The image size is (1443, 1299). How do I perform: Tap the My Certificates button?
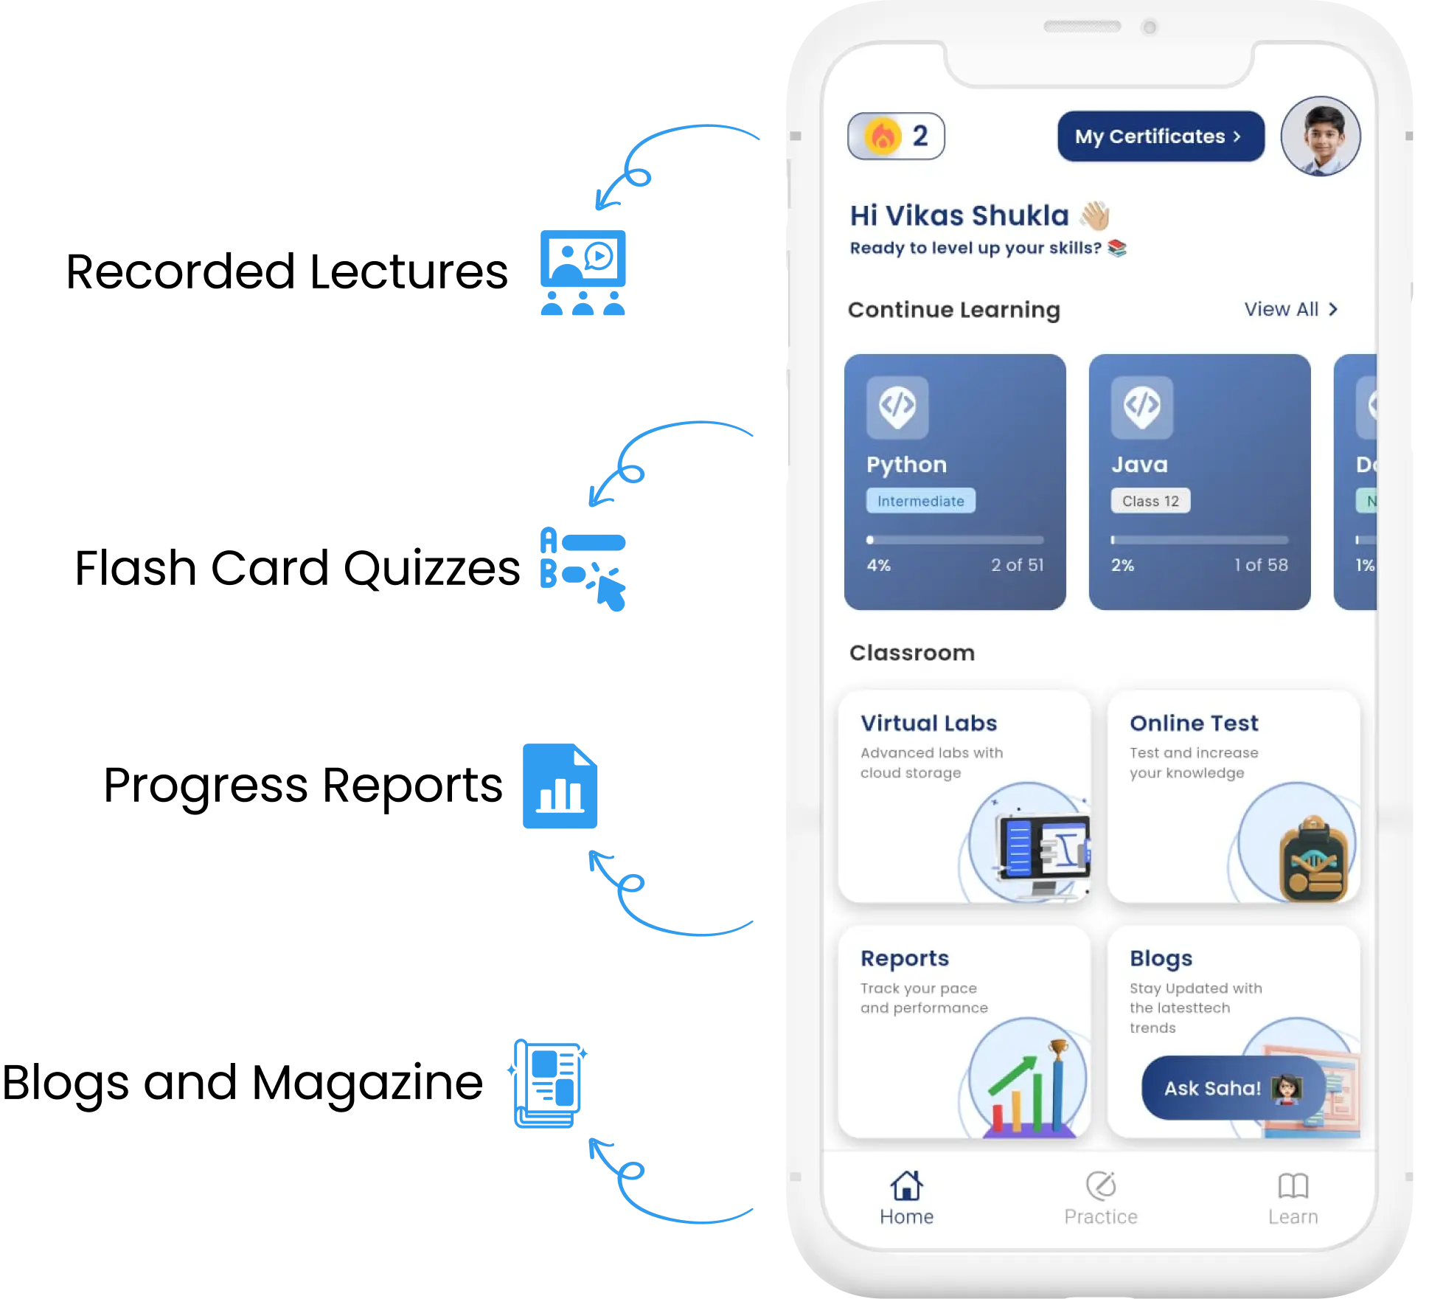click(x=1161, y=136)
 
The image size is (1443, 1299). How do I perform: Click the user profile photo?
click(x=1321, y=136)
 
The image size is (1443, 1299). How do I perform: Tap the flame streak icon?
click(x=883, y=136)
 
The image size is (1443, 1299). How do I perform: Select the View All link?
click(x=1290, y=309)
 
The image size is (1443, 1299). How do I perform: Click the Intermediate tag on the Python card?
click(x=920, y=501)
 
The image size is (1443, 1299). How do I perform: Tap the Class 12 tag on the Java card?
click(x=1150, y=501)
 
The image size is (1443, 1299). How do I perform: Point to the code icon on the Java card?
click(x=1142, y=407)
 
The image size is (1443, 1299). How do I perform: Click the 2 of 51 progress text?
click(x=1017, y=565)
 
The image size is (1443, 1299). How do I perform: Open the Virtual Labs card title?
click(x=928, y=723)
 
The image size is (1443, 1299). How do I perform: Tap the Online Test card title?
click(x=1194, y=723)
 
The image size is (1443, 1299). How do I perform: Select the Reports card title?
click(x=905, y=958)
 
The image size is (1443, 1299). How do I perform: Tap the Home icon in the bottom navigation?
click(x=906, y=1186)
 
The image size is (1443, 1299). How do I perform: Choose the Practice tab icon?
click(x=1101, y=1186)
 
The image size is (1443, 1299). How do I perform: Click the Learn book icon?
click(x=1293, y=1186)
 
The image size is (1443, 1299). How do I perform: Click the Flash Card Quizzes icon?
click(x=583, y=569)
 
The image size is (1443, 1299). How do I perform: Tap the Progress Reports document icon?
click(x=560, y=786)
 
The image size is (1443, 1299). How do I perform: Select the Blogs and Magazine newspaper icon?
click(x=548, y=1084)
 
